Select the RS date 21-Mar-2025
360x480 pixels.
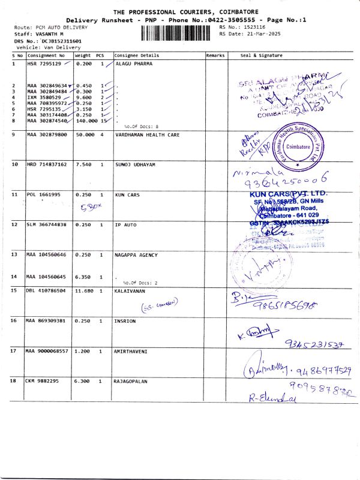(x=259, y=34)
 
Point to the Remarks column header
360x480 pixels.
(x=215, y=55)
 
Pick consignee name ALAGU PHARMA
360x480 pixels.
(x=133, y=63)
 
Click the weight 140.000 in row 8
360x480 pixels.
(x=86, y=121)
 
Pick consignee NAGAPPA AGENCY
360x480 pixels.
(x=136, y=255)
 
